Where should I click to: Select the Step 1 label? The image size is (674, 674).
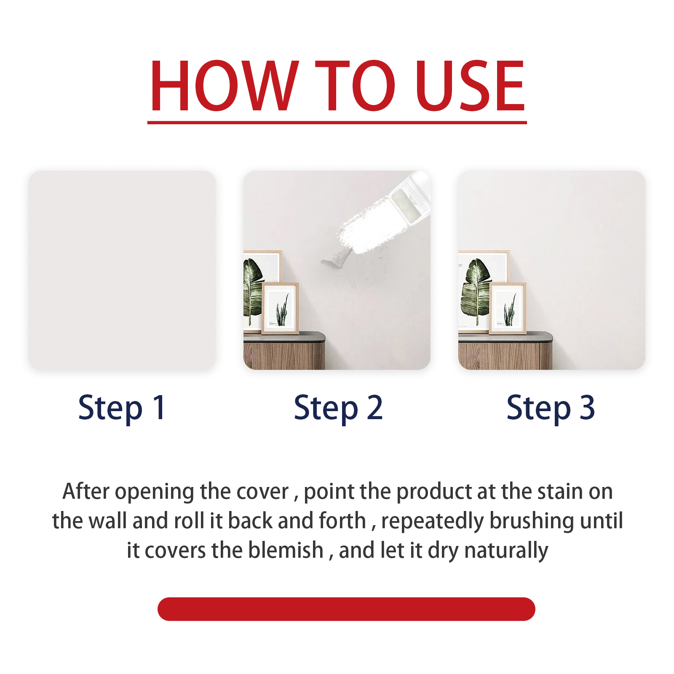pos(122,408)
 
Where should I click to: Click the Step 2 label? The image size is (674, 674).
pos(338,408)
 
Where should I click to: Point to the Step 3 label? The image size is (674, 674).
pos(551,408)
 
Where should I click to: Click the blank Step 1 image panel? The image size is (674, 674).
pos(122,270)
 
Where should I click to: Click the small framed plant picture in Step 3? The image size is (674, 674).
pos(508,308)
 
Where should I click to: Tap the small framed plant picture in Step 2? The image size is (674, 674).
pos(281,308)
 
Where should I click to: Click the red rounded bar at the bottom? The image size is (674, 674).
pos(346,609)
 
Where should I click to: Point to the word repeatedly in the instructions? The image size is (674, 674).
pos(433,522)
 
